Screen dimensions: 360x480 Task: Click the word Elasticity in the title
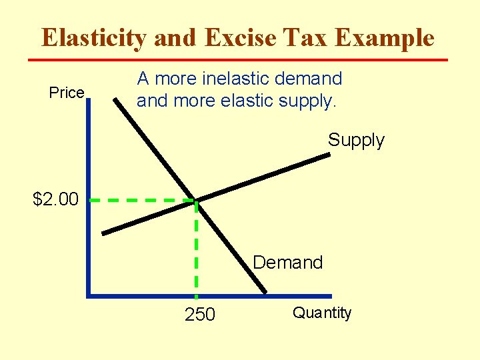pos(94,38)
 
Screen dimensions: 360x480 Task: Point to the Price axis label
pos(67,93)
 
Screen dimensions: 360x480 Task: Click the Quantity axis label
pos(322,313)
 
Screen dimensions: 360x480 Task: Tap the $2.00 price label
pos(55,199)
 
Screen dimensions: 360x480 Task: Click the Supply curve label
pos(356,140)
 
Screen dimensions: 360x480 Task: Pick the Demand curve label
pos(288,263)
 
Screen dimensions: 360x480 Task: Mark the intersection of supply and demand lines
pos(195,199)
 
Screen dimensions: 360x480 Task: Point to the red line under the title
pos(237,60)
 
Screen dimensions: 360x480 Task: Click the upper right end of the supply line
pos(329,155)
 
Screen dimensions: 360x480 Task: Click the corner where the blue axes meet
pos(89,295)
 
